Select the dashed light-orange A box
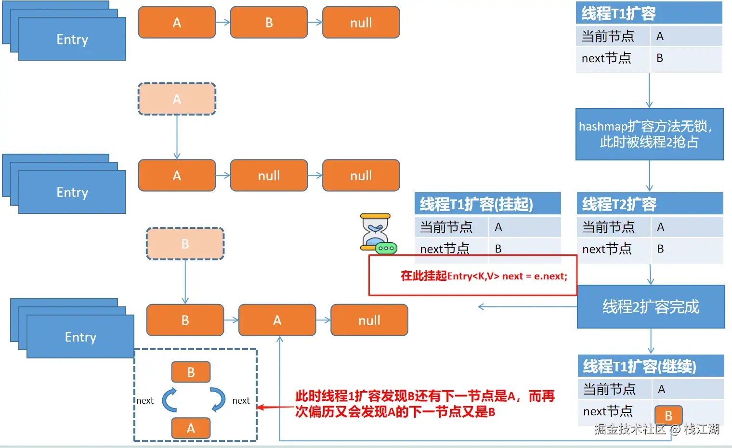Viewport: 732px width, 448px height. tap(177, 99)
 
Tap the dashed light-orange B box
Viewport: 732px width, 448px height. tap(185, 244)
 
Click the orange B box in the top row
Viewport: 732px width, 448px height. tap(269, 23)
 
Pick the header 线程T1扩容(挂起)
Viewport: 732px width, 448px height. tap(487, 204)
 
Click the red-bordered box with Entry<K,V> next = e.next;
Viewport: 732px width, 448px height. tap(472, 276)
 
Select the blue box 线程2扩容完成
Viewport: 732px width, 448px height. tap(651, 307)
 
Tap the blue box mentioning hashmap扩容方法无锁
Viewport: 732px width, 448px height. tap(649, 134)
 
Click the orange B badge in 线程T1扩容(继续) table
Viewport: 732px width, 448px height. tap(668, 415)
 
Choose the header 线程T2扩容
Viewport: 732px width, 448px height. tap(650, 204)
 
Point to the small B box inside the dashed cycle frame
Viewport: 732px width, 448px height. tap(191, 372)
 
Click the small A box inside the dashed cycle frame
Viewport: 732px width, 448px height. tap(191, 428)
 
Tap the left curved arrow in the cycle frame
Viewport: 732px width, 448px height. tap(169, 400)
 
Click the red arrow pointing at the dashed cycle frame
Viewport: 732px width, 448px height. tap(274, 408)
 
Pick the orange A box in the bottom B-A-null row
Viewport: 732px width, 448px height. tap(277, 320)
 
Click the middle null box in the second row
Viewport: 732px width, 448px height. tap(269, 176)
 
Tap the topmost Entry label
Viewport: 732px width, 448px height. tap(72, 40)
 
